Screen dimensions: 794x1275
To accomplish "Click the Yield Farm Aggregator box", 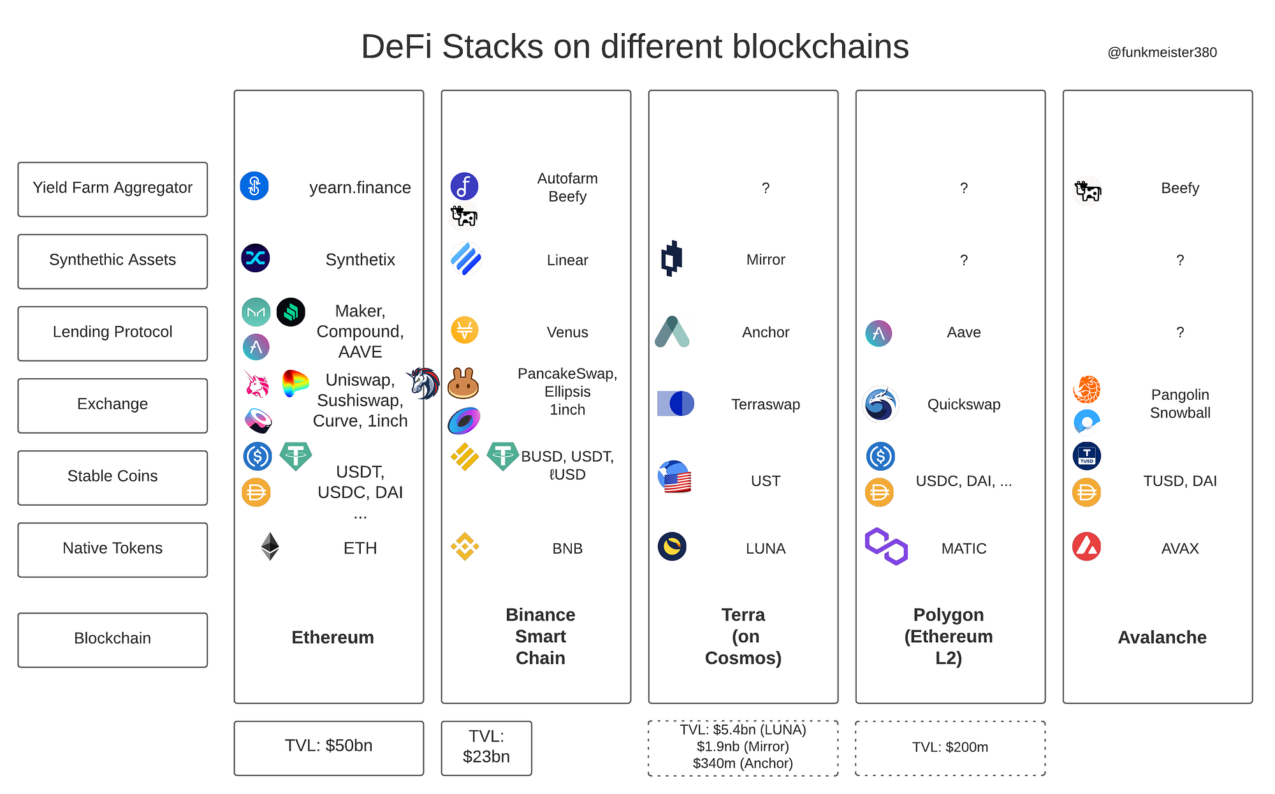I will click(x=112, y=189).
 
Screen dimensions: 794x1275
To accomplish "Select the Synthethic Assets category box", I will click(x=112, y=261).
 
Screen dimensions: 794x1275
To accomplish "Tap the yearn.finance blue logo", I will click(x=254, y=186).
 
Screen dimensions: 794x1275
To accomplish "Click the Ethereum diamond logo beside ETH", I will click(x=270, y=547).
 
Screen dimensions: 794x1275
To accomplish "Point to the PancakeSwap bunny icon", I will click(x=463, y=383).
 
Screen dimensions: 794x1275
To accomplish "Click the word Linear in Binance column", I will click(x=567, y=260).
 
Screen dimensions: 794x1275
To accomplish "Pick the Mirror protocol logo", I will click(x=671, y=258).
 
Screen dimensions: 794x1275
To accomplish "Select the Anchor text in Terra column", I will click(x=765, y=332).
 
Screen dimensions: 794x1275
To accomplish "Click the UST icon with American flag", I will click(x=674, y=477).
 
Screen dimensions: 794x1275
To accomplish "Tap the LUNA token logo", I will click(x=672, y=547).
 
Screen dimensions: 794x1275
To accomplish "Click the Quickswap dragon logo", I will click(x=880, y=404).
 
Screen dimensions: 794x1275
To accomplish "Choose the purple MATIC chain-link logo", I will click(x=886, y=547).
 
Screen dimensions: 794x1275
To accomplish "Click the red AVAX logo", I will click(x=1086, y=547).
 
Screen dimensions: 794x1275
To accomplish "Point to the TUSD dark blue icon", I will click(x=1087, y=456).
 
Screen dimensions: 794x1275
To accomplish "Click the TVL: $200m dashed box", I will click(x=950, y=747).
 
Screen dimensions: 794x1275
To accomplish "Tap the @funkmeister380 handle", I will click(x=1162, y=52).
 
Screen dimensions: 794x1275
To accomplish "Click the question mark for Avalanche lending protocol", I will click(x=1179, y=332).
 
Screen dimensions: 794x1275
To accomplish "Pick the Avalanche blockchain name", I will click(x=1162, y=637).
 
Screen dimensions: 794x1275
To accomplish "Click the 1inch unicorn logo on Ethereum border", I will click(x=423, y=383).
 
